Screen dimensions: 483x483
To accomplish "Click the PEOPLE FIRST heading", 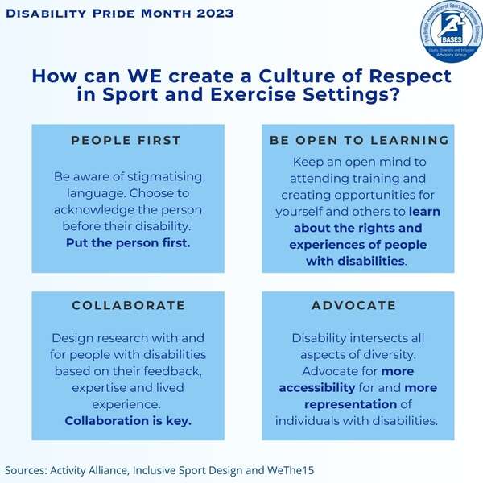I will (126, 140).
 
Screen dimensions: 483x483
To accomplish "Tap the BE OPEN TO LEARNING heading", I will (359, 140).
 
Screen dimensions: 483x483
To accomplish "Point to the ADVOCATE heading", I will (354, 305).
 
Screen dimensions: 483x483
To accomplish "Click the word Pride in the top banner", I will (114, 14).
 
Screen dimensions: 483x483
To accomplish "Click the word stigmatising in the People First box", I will (165, 176).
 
